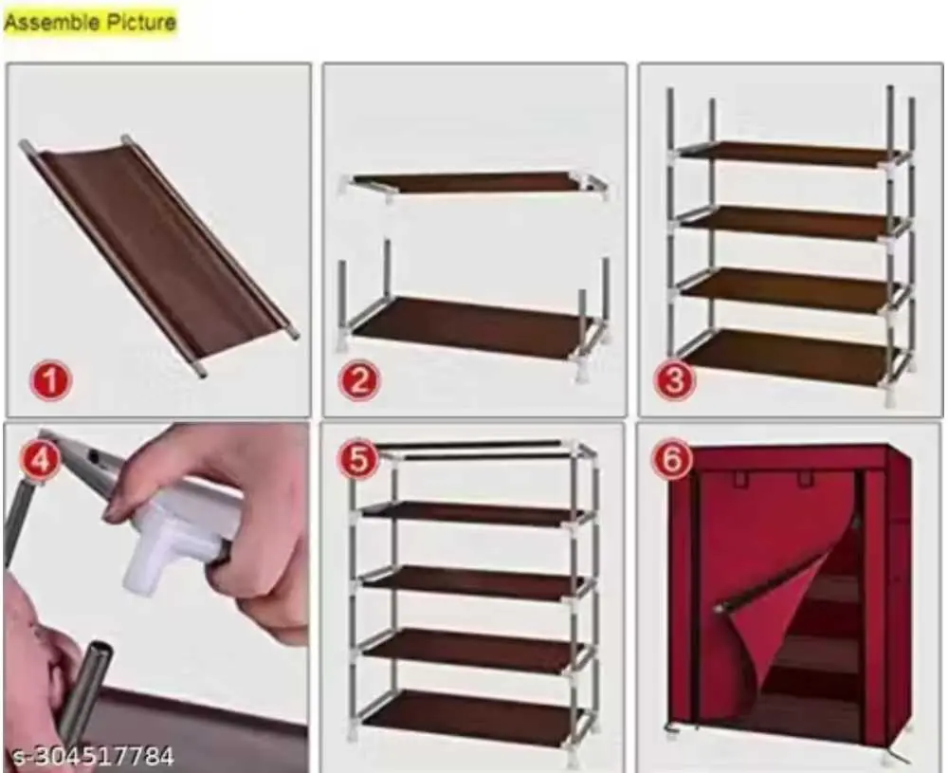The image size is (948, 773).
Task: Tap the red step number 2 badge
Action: (x=359, y=382)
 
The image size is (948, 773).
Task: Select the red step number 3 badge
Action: (x=675, y=382)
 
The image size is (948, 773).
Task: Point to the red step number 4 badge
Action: (x=39, y=462)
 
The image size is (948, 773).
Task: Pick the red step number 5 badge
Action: (x=359, y=462)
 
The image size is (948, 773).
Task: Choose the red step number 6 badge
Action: (x=671, y=462)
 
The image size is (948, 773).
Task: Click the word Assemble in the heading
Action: (x=45, y=22)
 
